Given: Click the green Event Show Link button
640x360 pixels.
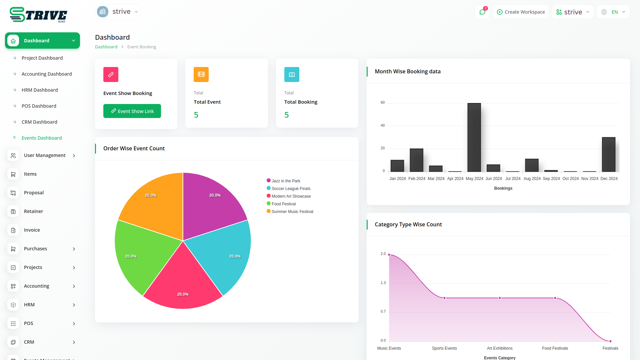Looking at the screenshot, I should pos(132,111).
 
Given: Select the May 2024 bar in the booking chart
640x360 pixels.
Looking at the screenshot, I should pos(474,137).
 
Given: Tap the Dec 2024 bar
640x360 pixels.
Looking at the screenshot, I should pos(609,154).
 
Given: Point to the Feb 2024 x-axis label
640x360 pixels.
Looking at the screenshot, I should pos(417,179).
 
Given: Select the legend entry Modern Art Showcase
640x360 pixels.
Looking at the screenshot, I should pos(291,196).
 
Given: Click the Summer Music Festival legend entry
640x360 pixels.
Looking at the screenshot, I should pos(292,212).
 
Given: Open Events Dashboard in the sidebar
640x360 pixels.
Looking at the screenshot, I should pos(42,138).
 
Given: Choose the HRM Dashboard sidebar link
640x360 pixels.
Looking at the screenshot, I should pos(40,90).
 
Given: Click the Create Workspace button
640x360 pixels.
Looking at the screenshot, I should pos(521,12).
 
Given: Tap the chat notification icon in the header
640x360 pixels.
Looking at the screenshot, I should pos(482,12).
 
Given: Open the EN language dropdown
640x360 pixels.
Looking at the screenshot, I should pos(614,12).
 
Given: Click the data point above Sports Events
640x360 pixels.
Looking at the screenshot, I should pos(444,298).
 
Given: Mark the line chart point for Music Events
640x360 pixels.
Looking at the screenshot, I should pos(389,255).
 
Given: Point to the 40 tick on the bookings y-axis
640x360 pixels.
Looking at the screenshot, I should pos(383,126).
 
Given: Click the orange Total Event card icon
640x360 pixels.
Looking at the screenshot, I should pos(201,74).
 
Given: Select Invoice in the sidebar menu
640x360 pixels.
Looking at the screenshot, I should pos(32,230).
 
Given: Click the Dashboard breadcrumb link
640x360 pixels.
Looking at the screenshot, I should pos(106,47).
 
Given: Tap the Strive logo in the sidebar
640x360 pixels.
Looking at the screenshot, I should pos(38,15).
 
